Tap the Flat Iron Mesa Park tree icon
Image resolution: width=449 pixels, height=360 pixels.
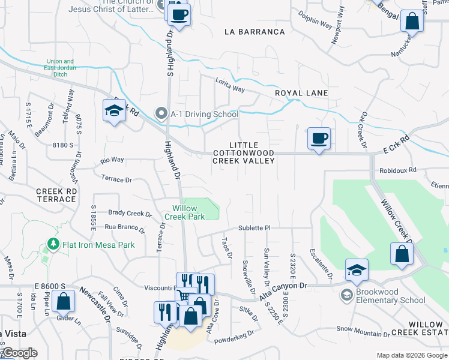click(x=53, y=245)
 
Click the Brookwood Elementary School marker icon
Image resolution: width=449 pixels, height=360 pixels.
click(x=346, y=295)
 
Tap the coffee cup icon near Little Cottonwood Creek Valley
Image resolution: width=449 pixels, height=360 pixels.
click(x=319, y=139)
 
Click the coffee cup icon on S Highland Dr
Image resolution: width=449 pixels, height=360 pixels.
click(x=178, y=14)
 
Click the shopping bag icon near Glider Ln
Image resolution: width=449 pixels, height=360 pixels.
click(x=64, y=301)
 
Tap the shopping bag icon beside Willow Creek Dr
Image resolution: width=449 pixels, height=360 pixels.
click(x=402, y=253)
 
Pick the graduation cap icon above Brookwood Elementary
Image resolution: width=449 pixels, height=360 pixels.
click(x=357, y=269)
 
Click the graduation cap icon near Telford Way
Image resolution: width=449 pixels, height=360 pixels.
click(x=113, y=111)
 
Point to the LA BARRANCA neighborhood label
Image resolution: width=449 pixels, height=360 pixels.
click(x=254, y=32)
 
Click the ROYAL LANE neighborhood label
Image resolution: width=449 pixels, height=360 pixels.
click(x=301, y=93)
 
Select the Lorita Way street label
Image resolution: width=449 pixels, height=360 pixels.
click(x=231, y=88)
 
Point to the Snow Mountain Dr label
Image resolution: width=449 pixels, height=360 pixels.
click(x=361, y=328)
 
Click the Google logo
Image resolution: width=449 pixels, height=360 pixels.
click(x=19, y=353)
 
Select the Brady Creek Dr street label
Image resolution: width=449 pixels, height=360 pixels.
click(x=130, y=213)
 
